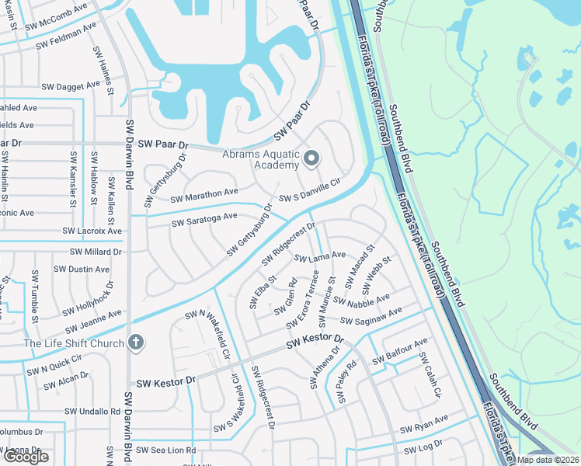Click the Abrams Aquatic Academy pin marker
pos(311,159)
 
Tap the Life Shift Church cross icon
pos(136,343)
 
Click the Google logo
pos(26,457)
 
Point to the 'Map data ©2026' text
pos(548,460)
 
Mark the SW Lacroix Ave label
pos(93,231)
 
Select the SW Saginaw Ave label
pos(371,315)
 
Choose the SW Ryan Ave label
pos(424,425)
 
